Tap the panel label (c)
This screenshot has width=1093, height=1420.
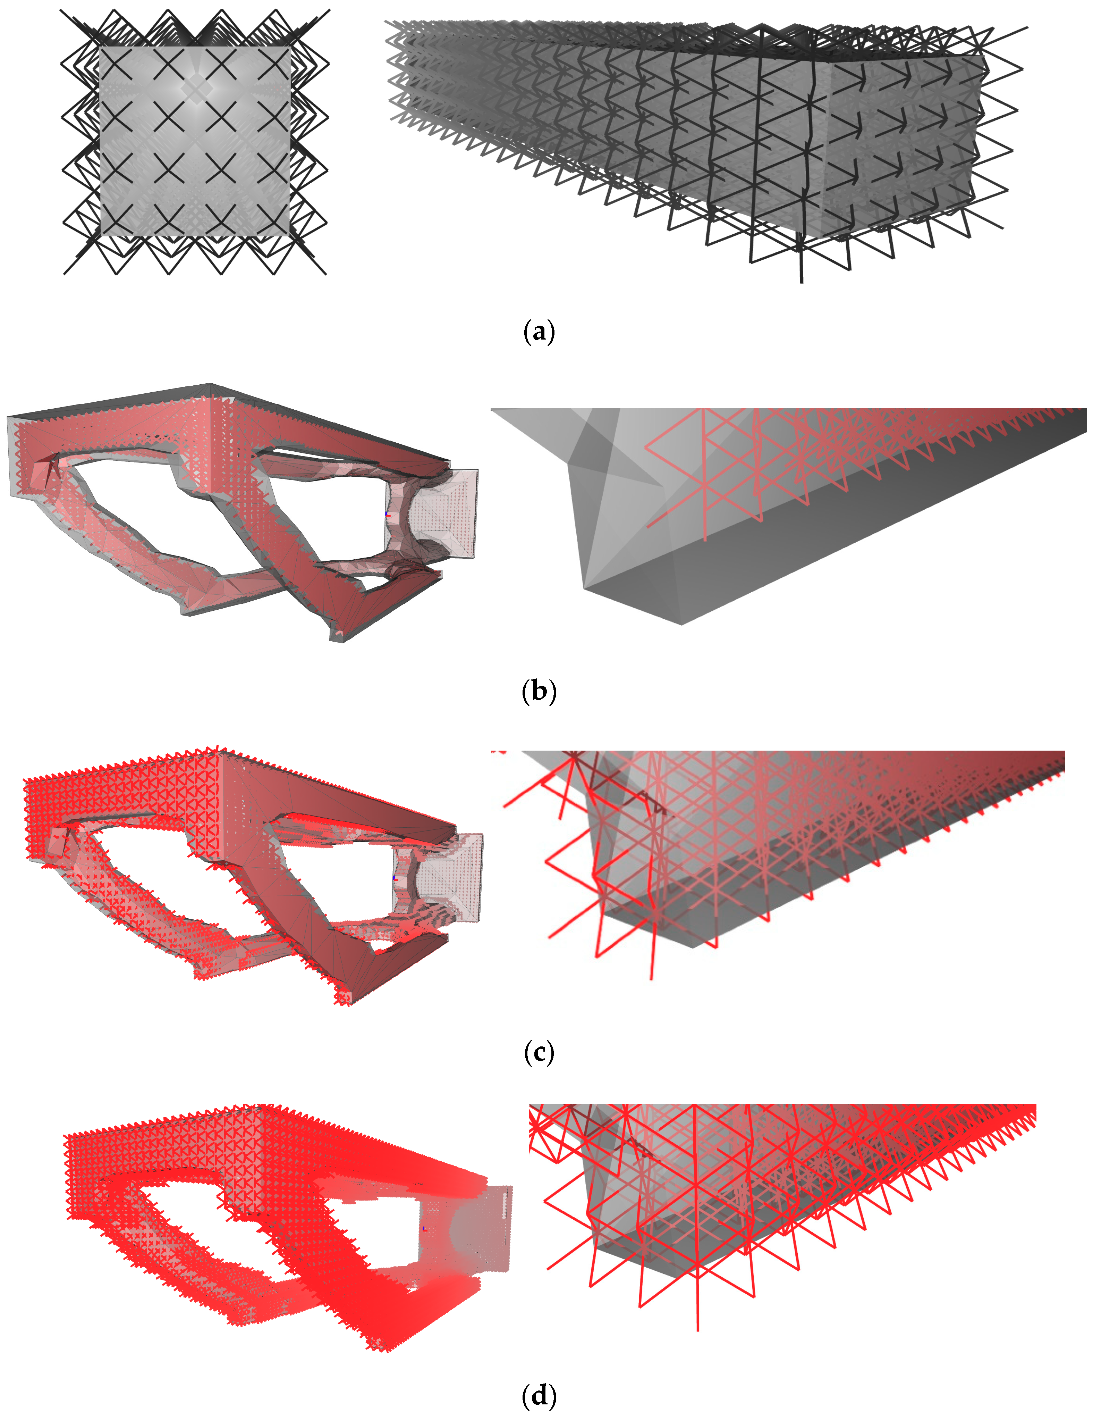pos(539,1053)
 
